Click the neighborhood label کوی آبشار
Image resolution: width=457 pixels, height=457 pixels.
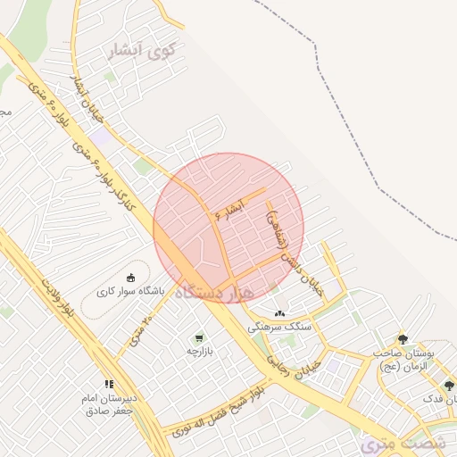[x=142, y=52]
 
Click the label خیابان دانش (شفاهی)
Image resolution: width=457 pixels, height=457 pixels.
[x=289, y=250]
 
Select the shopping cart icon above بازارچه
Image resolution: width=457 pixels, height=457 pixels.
[x=198, y=338]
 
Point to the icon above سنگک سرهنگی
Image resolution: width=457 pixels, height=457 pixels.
[x=280, y=313]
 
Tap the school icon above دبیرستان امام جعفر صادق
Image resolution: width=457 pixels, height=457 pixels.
[x=109, y=384]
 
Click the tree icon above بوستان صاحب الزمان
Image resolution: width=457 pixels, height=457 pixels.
[x=403, y=339]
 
